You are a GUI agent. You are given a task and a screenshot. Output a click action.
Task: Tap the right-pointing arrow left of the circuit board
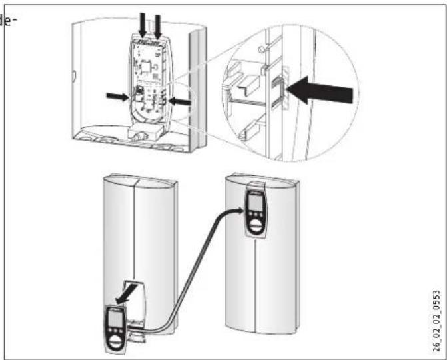point(118,97)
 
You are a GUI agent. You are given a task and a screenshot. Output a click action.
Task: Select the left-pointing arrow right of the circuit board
point(180,101)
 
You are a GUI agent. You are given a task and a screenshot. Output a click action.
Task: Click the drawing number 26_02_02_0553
point(436,321)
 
